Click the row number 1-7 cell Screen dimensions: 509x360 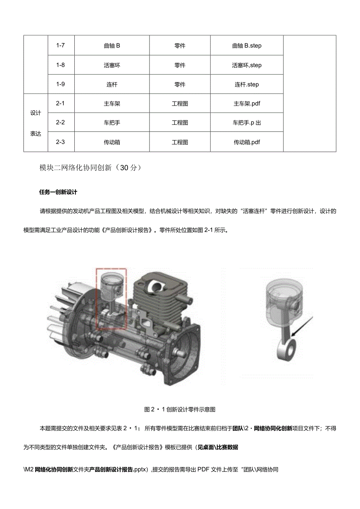[60, 45]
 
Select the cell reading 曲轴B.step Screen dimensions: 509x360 [247, 46]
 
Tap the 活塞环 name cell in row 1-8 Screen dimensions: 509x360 [112, 65]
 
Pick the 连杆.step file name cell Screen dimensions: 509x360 [247, 84]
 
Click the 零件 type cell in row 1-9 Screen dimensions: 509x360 [180, 84]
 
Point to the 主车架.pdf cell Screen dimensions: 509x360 [247, 104]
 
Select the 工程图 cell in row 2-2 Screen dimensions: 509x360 [180, 123]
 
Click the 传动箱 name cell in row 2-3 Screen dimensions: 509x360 [112, 142]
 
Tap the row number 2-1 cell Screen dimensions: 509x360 [60, 104]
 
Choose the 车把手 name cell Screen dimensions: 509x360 [112, 123]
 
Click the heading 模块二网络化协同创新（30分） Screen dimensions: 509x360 [87, 168]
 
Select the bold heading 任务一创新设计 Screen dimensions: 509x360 [58, 192]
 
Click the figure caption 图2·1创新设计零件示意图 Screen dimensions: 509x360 [180, 410]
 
